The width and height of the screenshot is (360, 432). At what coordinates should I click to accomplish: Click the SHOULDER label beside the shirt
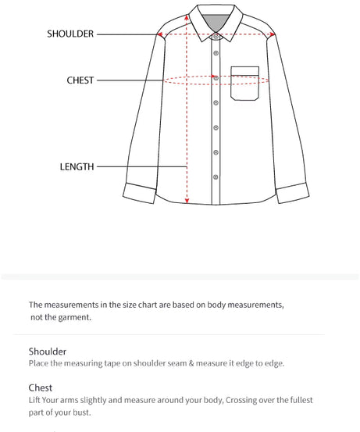point(70,34)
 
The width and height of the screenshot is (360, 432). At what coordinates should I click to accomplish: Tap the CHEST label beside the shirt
point(80,80)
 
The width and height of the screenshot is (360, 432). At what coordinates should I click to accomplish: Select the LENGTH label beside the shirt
point(77,166)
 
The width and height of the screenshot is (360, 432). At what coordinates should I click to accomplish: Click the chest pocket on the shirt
point(244,83)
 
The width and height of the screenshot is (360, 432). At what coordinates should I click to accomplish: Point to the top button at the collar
point(216,36)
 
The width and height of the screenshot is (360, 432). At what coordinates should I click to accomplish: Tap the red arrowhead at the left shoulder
point(160,34)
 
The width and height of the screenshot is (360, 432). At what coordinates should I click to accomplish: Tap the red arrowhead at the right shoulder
point(273,34)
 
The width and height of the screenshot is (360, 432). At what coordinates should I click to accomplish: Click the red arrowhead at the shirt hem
point(187,201)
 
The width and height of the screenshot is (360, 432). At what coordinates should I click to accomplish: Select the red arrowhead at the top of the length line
point(187,15)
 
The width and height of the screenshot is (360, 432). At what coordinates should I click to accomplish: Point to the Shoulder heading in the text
point(48,352)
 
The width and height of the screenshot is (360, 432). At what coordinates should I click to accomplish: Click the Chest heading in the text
point(41,387)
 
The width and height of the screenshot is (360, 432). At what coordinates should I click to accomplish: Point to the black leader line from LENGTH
point(141,166)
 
